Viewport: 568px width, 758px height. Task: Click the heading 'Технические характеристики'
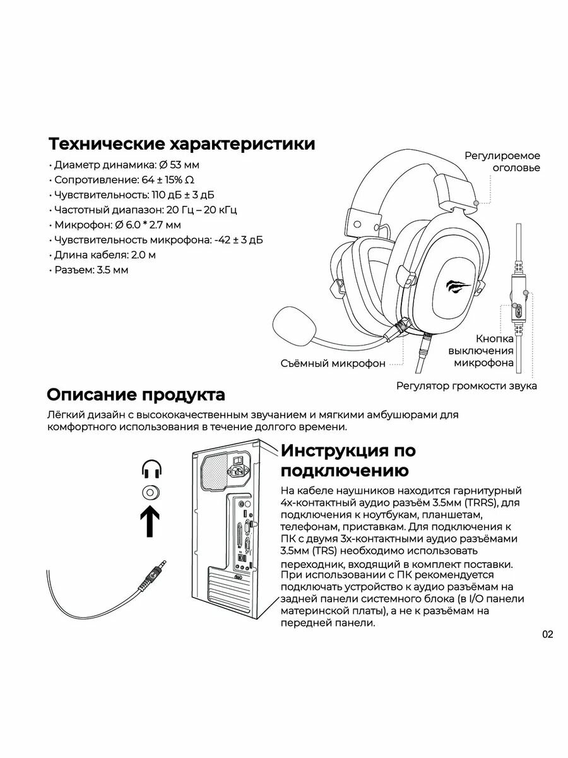pos(182,143)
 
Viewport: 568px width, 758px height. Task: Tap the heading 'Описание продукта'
pos(136,395)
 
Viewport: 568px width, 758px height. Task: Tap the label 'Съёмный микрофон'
pos(333,363)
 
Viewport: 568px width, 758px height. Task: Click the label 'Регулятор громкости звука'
pos(466,385)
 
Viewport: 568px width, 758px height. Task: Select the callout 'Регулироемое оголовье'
pos(502,162)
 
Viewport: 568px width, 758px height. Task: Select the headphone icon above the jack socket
pos(151,470)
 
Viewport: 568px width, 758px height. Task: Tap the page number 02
pos(547,635)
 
